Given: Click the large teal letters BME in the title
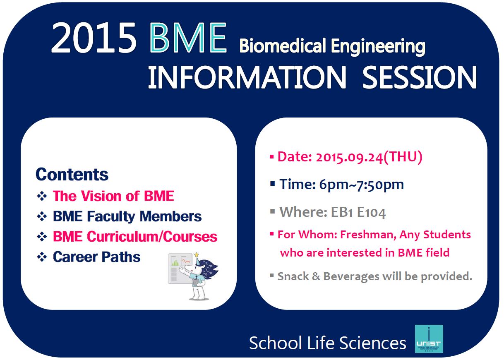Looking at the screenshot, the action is point(188,38).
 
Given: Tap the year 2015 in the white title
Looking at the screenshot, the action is point(94,38).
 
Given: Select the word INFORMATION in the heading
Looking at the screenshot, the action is point(247,77).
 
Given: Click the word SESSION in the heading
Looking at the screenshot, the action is point(420,77).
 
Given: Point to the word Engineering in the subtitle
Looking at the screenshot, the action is point(378,47).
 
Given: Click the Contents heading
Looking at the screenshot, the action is point(72,174).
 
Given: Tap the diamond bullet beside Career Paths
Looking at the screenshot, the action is point(42,257).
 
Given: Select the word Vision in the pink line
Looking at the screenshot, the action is point(101,196).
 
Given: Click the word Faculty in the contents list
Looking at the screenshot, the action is point(111,216).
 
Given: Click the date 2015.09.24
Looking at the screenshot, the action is point(349,157).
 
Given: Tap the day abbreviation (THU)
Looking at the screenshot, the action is point(403,157).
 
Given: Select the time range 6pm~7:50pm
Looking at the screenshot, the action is point(361,185).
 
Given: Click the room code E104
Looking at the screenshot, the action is point(372,212).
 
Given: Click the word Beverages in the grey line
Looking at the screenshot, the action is point(351,276).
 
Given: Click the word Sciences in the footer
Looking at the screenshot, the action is point(372,343).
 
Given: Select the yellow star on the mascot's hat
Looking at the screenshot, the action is point(197,255).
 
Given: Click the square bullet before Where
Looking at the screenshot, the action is point(272,211).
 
